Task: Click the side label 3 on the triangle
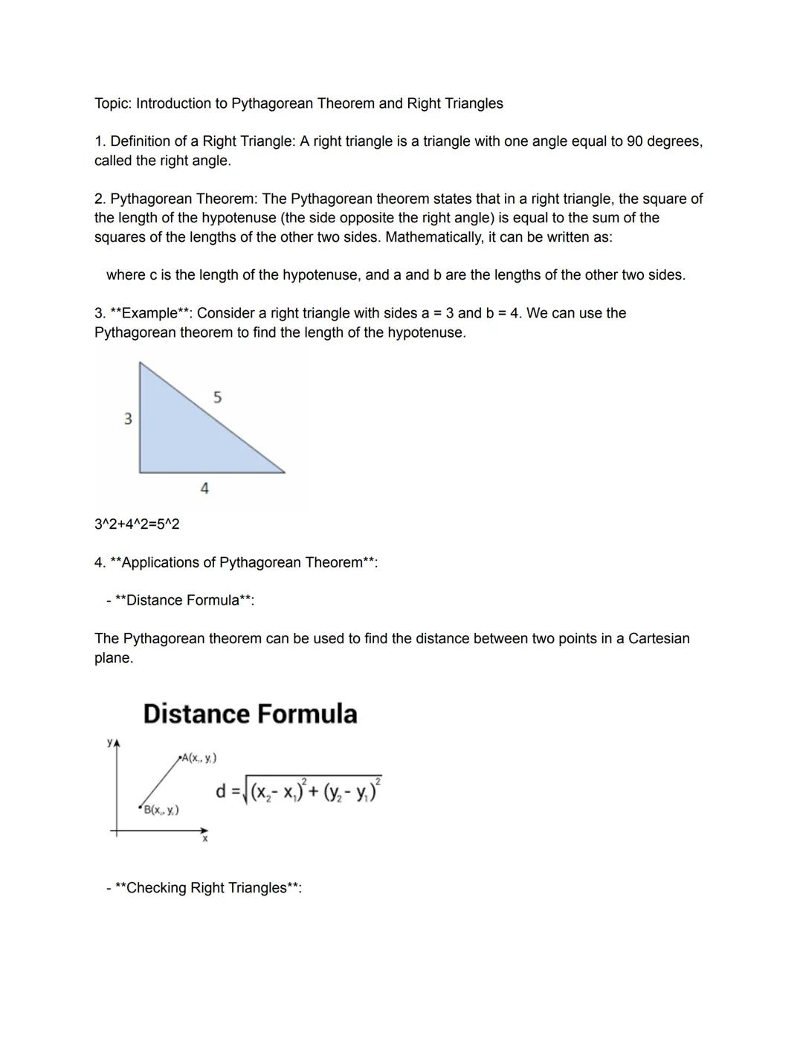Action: [x=128, y=419]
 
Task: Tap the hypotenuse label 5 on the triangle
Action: [x=217, y=397]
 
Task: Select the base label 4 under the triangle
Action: [x=204, y=489]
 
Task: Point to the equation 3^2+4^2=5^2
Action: [x=137, y=524]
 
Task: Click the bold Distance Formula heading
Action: [x=250, y=714]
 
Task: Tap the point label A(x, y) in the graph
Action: [x=199, y=758]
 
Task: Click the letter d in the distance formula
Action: [x=221, y=791]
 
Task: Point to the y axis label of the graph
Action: [x=110, y=742]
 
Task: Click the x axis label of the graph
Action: [x=205, y=840]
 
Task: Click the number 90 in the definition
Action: [x=635, y=141]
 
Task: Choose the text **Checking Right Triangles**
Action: [x=208, y=888]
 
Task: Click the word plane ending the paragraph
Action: [x=113, y=658]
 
